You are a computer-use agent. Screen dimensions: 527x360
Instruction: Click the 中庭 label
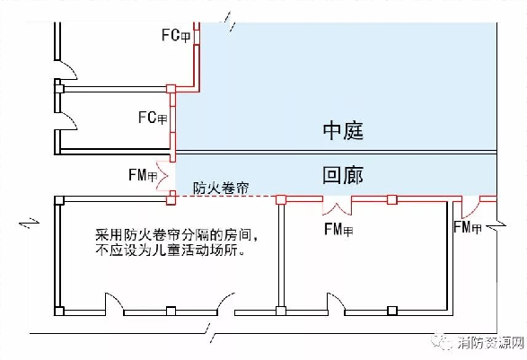click(343, 130)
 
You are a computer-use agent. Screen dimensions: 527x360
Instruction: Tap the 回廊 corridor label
click(343, 175)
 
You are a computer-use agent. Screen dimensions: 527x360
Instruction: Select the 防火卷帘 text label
click(221, 188)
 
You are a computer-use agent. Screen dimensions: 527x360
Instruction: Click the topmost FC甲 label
click(176, 35)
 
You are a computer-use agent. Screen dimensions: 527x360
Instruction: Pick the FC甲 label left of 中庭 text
click(153, 118)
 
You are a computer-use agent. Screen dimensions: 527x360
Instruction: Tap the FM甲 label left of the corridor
click(143, 175)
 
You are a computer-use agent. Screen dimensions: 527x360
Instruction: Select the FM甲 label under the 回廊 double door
click(338, 229)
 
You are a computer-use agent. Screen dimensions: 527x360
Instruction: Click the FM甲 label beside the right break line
click(468, 227)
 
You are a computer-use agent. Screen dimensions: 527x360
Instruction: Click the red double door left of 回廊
click(167, 176)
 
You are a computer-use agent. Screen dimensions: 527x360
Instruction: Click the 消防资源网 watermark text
click(491, 343)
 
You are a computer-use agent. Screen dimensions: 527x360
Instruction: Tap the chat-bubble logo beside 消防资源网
click(442, 342)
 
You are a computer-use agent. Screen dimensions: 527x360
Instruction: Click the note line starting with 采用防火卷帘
click(177, 234)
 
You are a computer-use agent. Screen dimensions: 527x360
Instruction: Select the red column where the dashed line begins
click(171, 198)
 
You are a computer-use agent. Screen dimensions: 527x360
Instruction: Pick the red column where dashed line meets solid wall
click(281, 199)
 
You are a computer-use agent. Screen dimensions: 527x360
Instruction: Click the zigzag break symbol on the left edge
click(29, 223)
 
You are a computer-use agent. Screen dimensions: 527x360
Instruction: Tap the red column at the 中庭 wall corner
click(171, 89)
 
